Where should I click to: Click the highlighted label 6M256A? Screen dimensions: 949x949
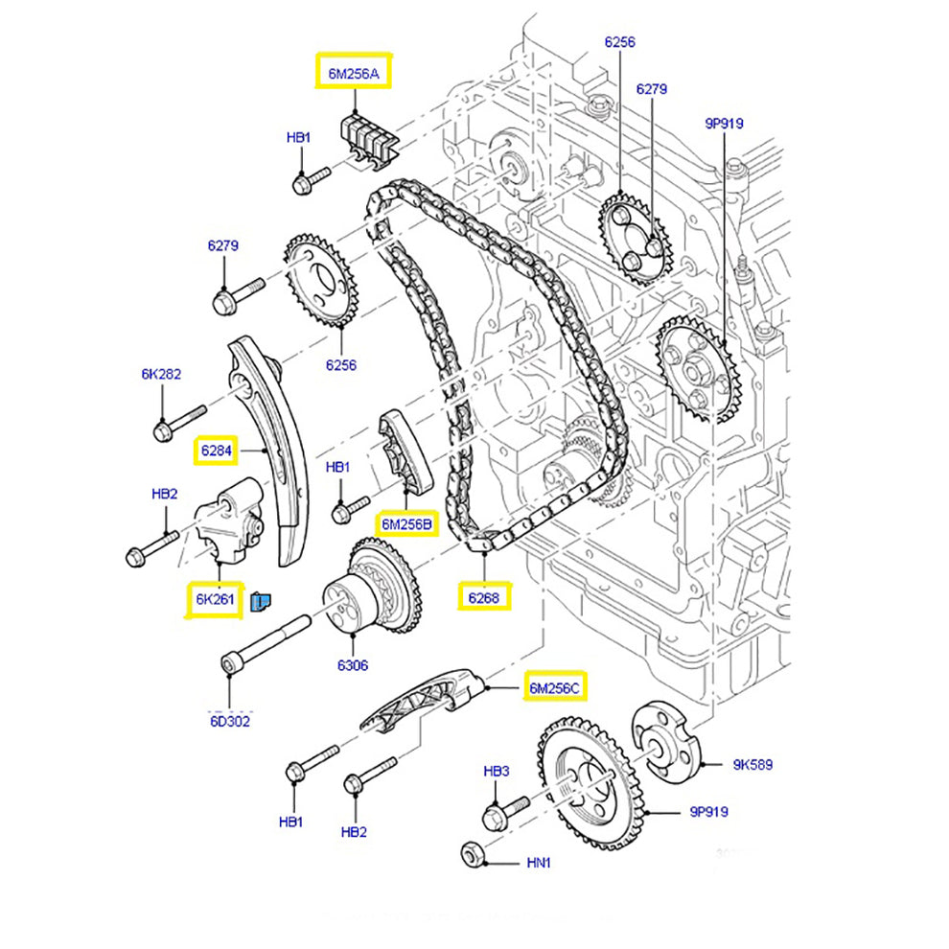[354, 72]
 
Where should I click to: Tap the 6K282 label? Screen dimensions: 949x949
[162, 374]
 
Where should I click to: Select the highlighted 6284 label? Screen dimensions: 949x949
[217, 450]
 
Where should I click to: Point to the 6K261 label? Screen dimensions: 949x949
[215, 599]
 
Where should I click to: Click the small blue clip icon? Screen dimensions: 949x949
[261, 601]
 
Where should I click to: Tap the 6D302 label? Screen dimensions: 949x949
[230, 721]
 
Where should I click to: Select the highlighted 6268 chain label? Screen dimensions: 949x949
[485, 597]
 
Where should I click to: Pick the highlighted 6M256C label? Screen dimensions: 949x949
[555, 687]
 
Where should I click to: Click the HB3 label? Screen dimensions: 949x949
[496, 771]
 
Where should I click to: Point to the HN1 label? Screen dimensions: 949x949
[539, 863]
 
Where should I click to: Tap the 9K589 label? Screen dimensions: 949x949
[752, 765]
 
